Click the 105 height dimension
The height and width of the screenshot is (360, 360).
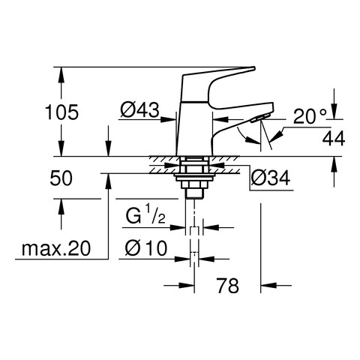point(61,112)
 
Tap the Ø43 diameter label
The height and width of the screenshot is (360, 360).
point(139,110)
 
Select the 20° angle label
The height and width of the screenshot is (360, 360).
point(310,116)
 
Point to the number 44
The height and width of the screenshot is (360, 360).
point(334,138)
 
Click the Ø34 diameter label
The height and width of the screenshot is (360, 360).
point(271,178)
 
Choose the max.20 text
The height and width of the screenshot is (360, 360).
point(56,248)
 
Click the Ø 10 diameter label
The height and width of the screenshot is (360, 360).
point(146,248)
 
